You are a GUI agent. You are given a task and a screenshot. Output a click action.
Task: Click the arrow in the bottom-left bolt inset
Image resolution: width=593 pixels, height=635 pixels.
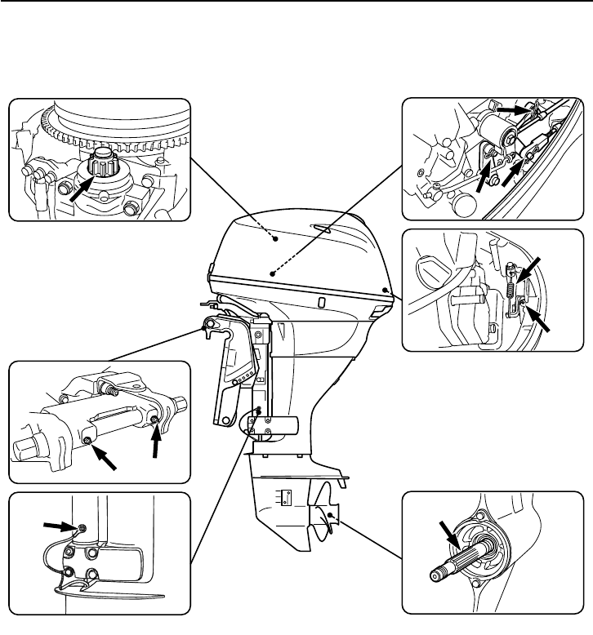click(x=60, y=526)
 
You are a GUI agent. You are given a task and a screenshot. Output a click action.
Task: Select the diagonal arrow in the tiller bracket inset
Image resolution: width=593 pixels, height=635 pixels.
click(x=104, y=457)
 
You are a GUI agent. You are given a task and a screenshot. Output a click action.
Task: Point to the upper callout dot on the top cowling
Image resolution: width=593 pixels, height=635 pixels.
click(x=276, y=238)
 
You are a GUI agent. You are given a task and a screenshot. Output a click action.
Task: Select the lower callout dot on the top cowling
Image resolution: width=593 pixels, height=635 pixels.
click(x=272, y=274)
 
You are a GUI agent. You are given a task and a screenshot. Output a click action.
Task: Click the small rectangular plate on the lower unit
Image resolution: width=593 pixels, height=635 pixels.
click(x=285, y=498)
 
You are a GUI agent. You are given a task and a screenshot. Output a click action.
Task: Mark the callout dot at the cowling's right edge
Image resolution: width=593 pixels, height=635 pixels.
click(x=385, y=290)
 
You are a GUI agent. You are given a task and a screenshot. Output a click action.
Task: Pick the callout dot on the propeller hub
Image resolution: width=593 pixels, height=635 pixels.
click(x=329, y=517)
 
